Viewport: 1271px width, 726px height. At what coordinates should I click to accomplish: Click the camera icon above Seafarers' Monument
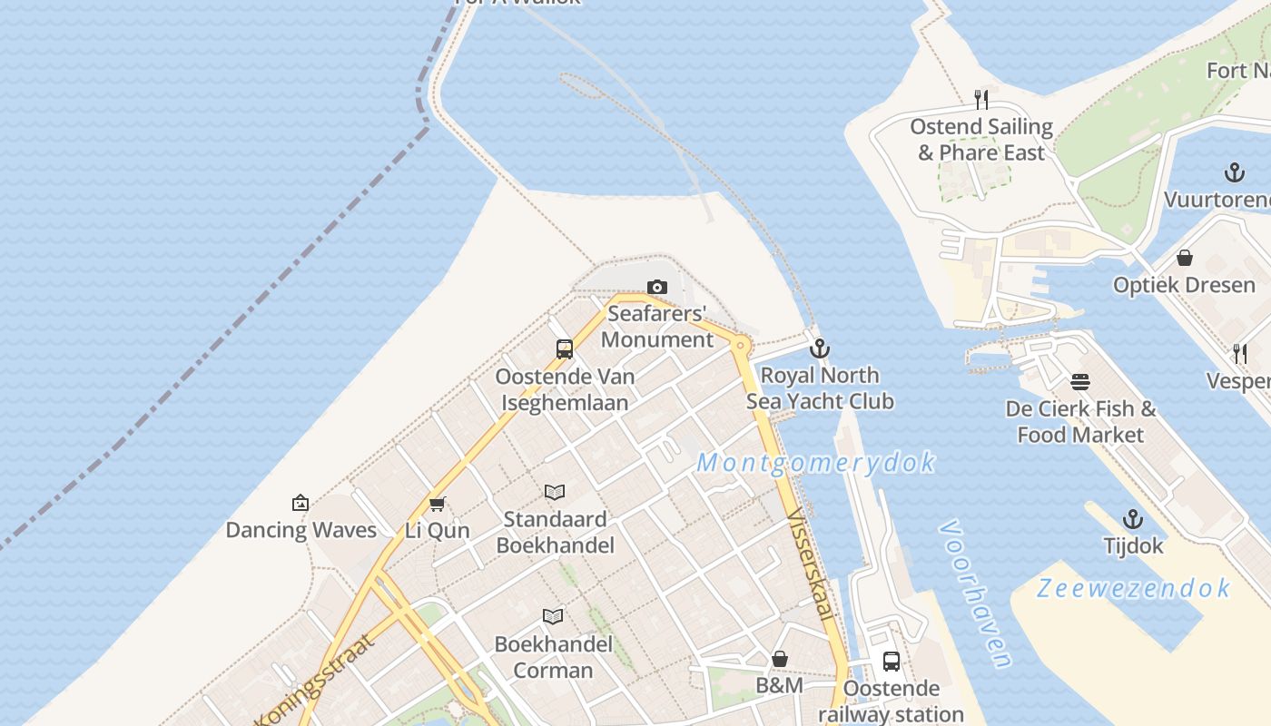(x=657, y=288)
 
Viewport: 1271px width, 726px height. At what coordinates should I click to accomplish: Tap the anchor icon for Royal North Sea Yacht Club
(x=819, y=348)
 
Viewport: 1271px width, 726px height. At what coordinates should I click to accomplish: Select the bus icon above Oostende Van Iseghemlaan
(x=564, y=349)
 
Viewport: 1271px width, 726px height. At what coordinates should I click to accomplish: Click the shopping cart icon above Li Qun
(x=438, y=504)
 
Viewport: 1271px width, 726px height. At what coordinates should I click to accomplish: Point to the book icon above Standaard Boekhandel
(x=555, y=492)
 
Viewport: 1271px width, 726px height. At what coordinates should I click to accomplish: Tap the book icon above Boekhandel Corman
(x=553, y=617)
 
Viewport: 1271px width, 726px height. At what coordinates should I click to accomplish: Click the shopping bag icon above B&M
(x=780, y=659)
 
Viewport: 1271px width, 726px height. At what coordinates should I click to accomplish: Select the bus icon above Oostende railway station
(x=892, y=662)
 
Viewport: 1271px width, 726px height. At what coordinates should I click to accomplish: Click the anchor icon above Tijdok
(x=1133, y=519)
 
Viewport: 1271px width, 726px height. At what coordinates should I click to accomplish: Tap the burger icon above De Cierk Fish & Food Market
(x=1080, y=382)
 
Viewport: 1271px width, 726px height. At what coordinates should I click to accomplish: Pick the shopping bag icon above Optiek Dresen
(x=1184, y=258)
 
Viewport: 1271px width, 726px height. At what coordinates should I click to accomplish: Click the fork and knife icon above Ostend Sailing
(x=980, y=99)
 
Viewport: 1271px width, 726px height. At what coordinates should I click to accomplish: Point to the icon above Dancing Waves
(x=301, y=503)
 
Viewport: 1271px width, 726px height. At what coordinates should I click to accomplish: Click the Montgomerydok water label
(x=815, y=463)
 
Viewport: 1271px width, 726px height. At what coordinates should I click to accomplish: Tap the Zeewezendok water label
(x=1134, y=588)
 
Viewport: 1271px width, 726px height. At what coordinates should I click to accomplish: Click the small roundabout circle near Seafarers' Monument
(x=742, y=345)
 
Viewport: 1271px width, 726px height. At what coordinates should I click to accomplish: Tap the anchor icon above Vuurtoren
(x=1234, y=172)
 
